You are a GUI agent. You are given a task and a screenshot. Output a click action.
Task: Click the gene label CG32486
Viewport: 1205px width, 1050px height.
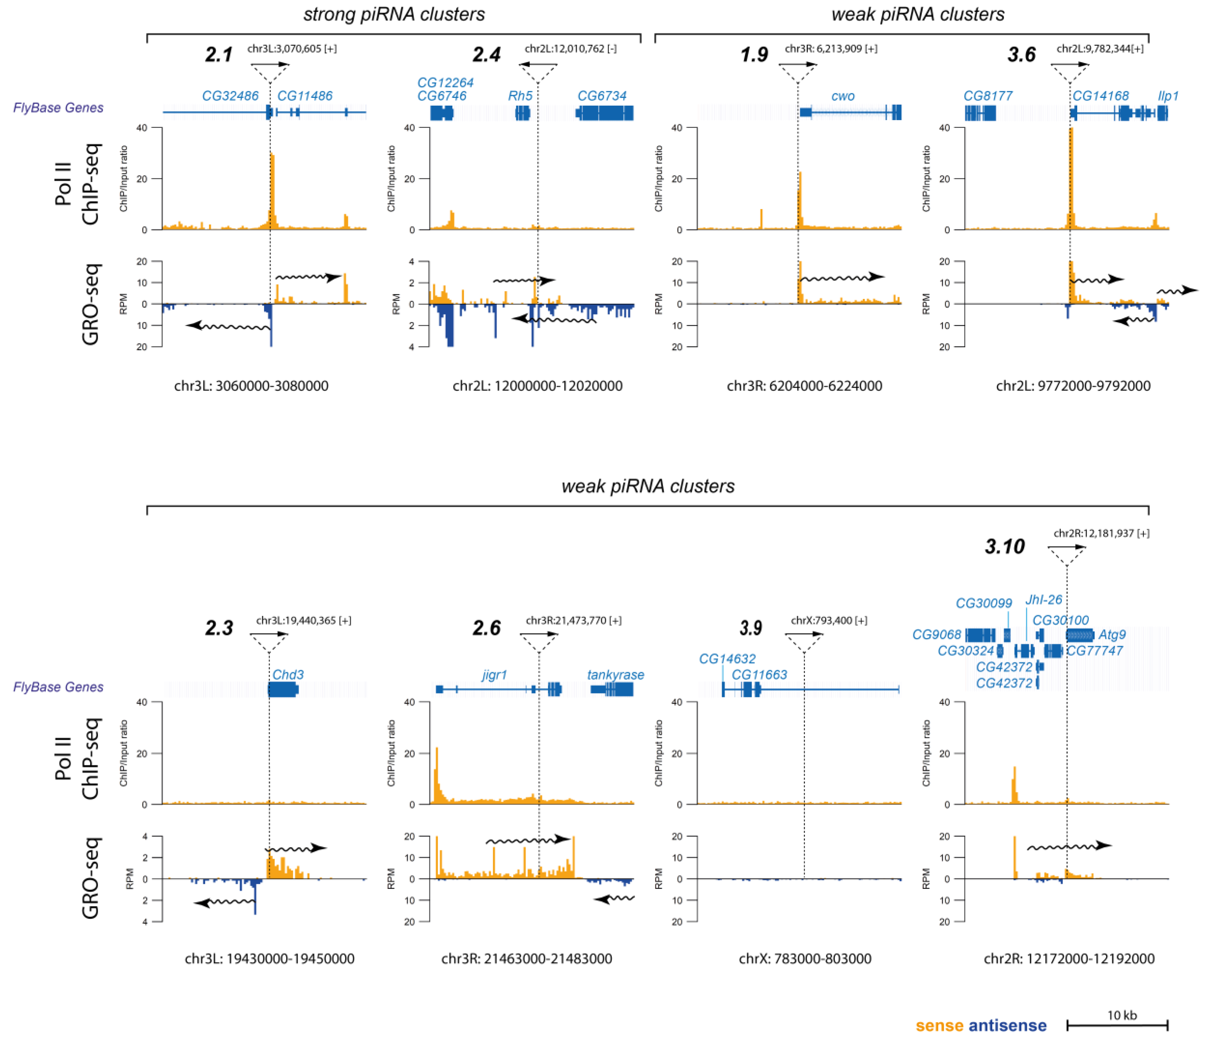point(230,96)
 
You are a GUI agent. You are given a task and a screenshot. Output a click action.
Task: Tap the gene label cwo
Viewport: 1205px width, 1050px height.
point(843,96)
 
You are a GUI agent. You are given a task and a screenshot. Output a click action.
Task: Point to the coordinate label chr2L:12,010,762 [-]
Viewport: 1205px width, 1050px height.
point(571,49)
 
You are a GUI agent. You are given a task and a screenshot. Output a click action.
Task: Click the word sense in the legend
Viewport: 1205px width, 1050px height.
point(940,1026)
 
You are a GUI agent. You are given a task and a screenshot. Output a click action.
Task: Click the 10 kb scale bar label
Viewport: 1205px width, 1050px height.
point(1122,1016)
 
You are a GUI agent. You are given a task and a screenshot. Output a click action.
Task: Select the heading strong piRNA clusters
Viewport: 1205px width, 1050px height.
point(394,14)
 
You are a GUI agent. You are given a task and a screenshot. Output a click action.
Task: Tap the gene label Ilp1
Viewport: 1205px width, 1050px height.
point(1168,96)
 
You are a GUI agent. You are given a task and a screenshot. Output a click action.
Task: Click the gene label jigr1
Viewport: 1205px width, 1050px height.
point(494,675)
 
